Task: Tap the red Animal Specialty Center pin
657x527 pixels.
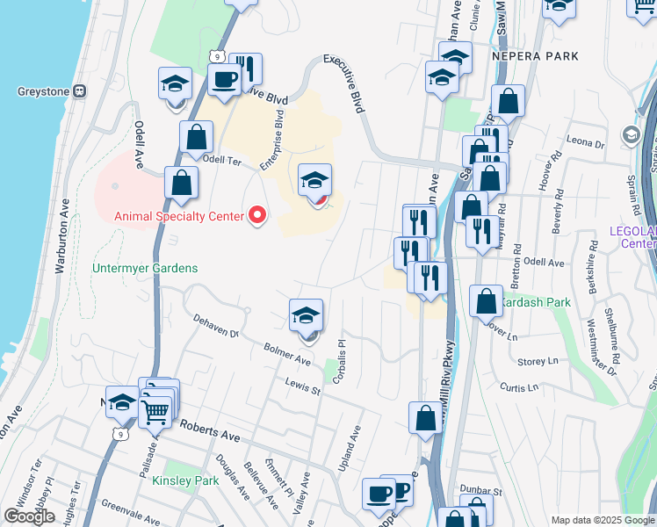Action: pyautogui.click(x=257, y=215)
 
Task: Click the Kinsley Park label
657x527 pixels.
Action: pyautogui.click(x=184, y=481)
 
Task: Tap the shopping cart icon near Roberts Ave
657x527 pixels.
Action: pyautogui.click(x=155, y=411)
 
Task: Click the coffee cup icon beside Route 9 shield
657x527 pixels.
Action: pyautogui.click(x=226, y=79)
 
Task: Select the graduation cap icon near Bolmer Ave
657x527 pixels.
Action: pyautogui.click(x=306, y=315)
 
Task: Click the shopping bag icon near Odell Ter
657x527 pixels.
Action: pyautogui.click(x=196, y=137)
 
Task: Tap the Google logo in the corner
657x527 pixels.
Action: pyautogui.click(x=29, y=516)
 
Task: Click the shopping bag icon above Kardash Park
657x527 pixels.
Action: pyautogui.click(x=486, y=301)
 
